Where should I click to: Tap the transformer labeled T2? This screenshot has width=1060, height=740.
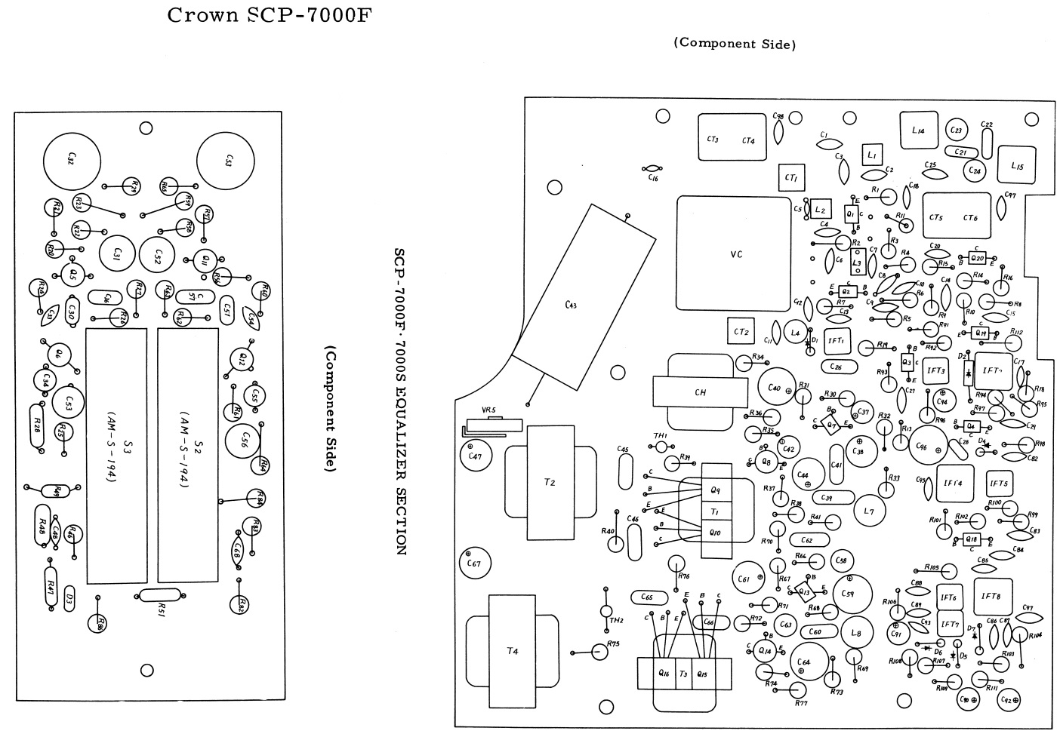(550, 483)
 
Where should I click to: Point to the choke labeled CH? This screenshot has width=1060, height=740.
(699, 392)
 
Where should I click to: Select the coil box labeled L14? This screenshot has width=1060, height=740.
(918, 131)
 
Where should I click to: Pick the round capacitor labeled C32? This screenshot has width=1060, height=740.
(71, 160)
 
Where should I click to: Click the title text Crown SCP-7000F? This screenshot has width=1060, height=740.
(270, 15)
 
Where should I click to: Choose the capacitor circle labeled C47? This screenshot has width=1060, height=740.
(475, 456)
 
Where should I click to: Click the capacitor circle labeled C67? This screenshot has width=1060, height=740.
(475, 563)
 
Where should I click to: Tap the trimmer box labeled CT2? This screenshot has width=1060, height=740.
(741, 331)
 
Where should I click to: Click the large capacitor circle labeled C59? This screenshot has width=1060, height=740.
(849, 595)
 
